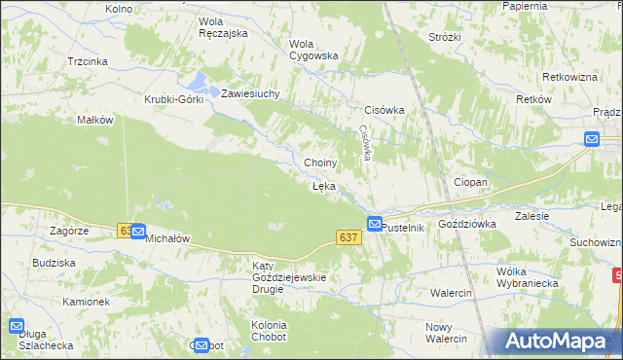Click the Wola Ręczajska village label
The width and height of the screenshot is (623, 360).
pos(222,26)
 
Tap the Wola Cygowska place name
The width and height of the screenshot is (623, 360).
pos(312,49)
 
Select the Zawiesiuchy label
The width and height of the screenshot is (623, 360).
pos(250,94)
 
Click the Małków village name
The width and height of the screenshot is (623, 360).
pos(96,121)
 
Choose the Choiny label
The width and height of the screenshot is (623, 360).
pos(320,162)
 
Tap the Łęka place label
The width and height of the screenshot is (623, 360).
pos(324,185)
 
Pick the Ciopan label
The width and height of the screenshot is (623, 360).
pos(470,182)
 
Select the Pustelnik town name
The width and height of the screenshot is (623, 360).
pos(404,227)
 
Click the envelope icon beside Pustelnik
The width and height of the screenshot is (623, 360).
pos(375,224)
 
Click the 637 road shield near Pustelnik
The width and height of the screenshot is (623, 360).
pos(348,237)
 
